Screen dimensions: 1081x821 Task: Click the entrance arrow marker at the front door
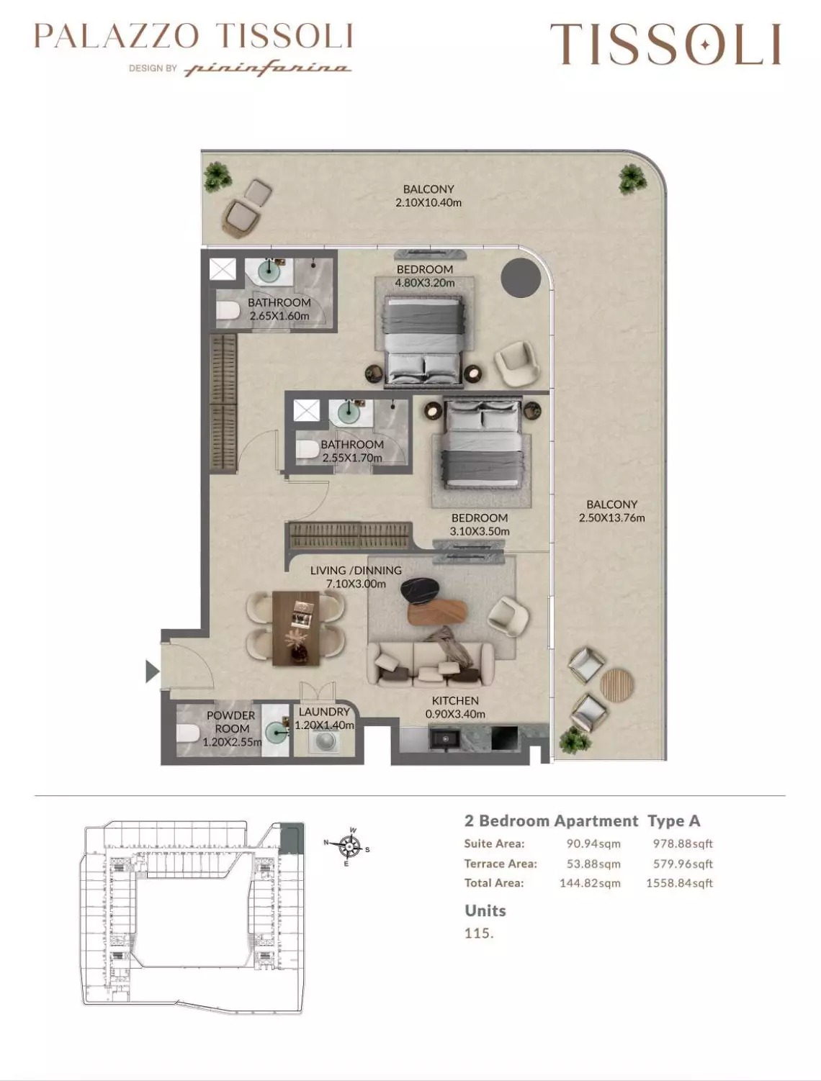(x=151, y=671)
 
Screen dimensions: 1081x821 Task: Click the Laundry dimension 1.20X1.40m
(x=324, y=725)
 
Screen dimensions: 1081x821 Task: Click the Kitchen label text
(x=455, y=700)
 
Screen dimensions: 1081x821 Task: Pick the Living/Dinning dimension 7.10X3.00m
(x=356, y=584)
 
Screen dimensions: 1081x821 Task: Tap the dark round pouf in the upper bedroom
(x=521, y=276)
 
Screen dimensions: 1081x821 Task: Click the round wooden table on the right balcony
(x=617, y=684)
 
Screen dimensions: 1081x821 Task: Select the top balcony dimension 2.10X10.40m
(x=429, y=202)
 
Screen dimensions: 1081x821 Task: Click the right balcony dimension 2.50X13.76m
(x=611, y=517)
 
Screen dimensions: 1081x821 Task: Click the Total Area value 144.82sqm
(x=589, y=883)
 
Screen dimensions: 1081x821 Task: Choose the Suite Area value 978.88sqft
(x=682, y=843)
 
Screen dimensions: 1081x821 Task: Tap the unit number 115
(x=479, y=933)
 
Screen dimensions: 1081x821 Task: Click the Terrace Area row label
(x=501, y=864)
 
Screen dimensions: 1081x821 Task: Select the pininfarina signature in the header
(x=268, y=68)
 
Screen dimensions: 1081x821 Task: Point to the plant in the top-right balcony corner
(x=632, y=178)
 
